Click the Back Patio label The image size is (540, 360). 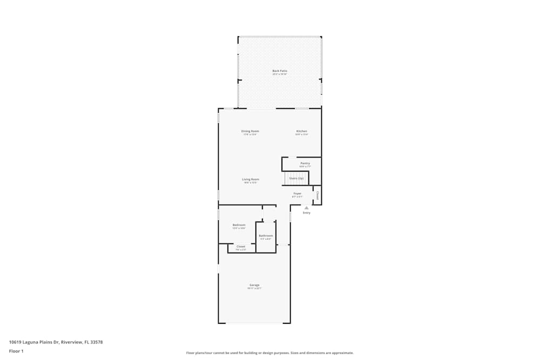(x=280, y=71)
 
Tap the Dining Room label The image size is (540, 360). (x=250, y=131)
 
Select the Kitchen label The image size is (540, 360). (x=301, y=131)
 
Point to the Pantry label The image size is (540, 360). (x=305, y=163)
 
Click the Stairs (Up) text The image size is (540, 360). (x=296, y=178)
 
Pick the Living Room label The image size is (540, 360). (x=250, y=179)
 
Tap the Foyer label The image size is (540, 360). (x=298, y=193)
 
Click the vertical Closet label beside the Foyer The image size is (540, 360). (x=318, y=195)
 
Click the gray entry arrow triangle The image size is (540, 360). (x=307, y=207)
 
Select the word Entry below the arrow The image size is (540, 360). (x=307, y=213)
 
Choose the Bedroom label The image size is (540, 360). (x=239, y=225)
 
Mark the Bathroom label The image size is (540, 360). (x=266, y=235)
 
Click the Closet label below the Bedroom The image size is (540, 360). (x=241, y=247)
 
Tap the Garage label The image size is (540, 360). (x=254, y=285)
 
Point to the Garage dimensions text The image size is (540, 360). (x=254, y=289)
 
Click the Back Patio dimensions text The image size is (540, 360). (x=280, y=74)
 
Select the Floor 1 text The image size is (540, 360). (x=16, y=351)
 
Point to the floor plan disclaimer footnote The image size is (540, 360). (x=270, y=353)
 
